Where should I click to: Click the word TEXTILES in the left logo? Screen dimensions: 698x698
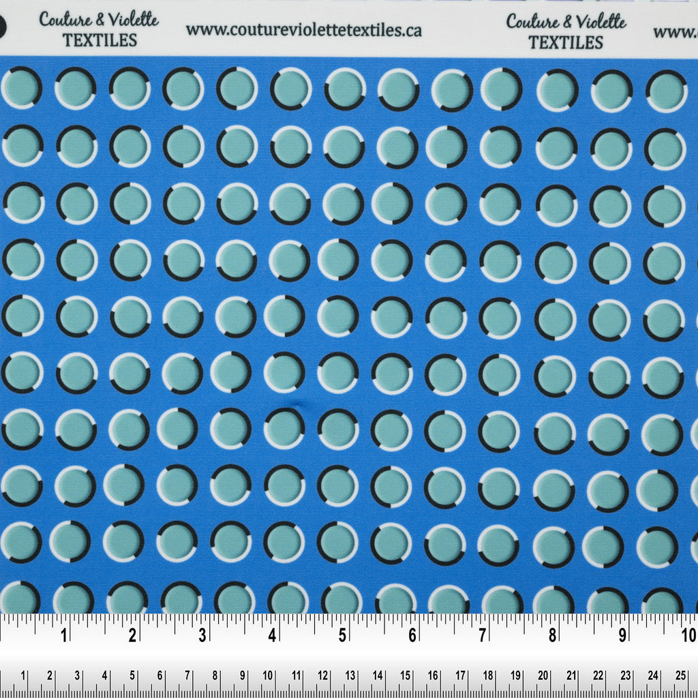point(100,40)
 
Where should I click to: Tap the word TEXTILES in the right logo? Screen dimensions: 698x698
point(566,42)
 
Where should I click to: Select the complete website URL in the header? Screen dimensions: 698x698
point(303,30)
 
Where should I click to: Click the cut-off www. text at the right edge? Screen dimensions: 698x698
point(676,31)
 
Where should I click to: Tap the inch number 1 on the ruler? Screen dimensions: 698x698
point(64,636)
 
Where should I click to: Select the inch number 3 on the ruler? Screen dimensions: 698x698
point(203,636)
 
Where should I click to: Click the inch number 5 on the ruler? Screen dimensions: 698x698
point(343,636)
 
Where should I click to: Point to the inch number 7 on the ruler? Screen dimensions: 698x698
point(482,636)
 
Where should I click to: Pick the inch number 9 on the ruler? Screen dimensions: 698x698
point(622,636)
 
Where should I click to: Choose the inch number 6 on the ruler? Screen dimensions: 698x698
point(412,636)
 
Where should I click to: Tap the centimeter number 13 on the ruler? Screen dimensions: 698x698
point(350,676)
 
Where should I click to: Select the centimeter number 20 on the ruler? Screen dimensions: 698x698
point(543,676)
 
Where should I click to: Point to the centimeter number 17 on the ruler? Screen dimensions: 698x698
point(461,676)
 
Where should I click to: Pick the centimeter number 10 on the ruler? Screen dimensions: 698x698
point(268,676)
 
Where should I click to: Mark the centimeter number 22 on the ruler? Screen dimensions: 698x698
point(598,676)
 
